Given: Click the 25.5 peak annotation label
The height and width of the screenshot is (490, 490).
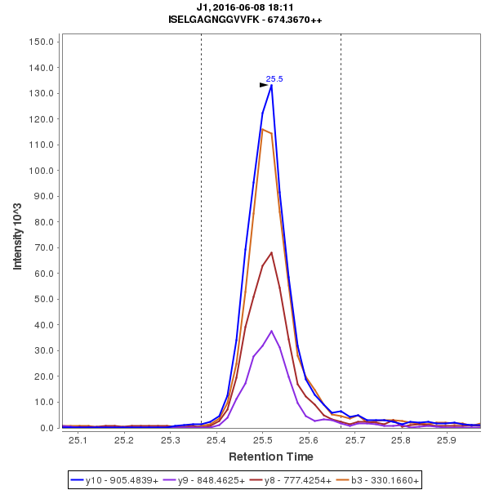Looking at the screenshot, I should [274, 79].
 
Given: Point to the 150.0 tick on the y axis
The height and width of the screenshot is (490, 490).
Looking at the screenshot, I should [41, 42].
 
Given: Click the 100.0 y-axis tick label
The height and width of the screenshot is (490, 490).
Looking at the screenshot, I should [41, 171].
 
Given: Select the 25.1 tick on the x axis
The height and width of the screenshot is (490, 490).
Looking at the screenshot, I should [78, 441].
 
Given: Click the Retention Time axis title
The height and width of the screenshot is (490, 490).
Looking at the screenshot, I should [270, 457].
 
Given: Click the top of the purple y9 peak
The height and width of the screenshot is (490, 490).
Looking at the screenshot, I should [271, 331].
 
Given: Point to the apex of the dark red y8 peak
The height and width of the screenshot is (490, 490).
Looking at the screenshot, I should [271, 252].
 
